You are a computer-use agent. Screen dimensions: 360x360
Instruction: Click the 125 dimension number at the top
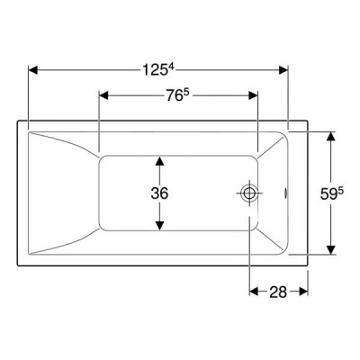pos(154,70)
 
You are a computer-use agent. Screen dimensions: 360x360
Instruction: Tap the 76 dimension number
pos(175,95)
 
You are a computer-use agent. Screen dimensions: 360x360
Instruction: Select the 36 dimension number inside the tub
pos(159,193)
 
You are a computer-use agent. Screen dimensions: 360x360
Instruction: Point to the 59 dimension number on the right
pos(328,194)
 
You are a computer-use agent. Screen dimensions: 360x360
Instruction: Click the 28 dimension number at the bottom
pos(278,292)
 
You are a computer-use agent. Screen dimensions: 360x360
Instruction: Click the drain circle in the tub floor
pos(249,193)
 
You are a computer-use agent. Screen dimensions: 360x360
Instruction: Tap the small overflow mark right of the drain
pos(286,193)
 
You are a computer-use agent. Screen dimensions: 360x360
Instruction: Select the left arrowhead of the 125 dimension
pos(33,70)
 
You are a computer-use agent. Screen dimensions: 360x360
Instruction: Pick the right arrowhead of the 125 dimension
pos(283,70)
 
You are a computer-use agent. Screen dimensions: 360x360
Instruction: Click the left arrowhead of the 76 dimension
pos(103,95)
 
